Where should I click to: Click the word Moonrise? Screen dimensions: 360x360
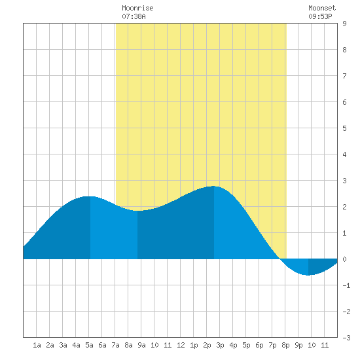[137, 8]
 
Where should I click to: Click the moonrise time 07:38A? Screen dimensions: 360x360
[134, 16]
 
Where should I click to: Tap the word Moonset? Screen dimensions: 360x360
[322, 8]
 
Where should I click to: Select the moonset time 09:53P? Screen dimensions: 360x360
[320, 16]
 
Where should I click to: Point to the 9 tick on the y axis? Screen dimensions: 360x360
[344, 24]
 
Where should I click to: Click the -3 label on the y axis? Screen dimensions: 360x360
[346, 338]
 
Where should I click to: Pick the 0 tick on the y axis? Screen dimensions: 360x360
[344, 259]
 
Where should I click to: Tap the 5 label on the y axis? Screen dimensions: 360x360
[344, 128]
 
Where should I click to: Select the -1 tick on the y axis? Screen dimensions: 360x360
[346, 285]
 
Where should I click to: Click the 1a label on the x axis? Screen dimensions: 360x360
[37, 345]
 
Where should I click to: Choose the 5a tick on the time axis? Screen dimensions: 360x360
[89, 345]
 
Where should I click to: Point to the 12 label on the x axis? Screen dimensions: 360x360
[181, 345]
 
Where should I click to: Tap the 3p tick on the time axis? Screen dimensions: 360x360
[220, 345]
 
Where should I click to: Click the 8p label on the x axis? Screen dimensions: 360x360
[285, 345]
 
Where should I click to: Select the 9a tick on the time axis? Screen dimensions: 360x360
[141, 345]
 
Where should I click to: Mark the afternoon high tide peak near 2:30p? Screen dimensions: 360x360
[214, 186]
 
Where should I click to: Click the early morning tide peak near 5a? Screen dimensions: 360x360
[90, 196]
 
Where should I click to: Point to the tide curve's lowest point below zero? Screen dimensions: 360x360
[308, 275]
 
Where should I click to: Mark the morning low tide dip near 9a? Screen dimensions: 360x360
[137, 211]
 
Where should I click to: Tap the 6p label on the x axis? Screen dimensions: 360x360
[259, 345]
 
